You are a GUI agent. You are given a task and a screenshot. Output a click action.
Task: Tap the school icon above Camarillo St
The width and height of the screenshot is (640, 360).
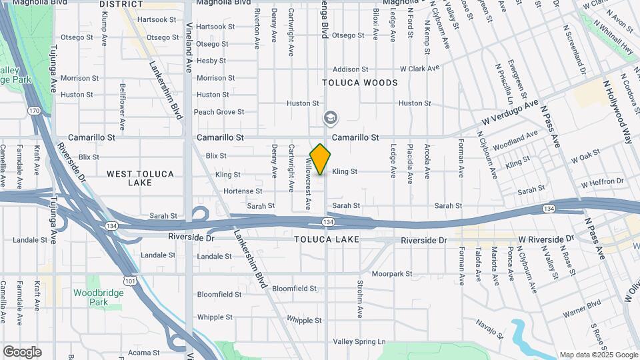329,119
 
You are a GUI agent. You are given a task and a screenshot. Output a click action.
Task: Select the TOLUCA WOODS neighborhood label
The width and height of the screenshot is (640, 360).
360,83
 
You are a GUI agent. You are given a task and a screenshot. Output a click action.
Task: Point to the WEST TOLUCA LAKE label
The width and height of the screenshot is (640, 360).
140,178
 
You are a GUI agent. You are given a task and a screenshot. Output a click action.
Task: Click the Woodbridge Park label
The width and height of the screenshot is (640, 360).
99,297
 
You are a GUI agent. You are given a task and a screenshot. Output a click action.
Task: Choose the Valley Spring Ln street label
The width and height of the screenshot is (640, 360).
359,342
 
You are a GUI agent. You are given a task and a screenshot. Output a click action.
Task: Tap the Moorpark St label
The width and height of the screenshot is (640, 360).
392,273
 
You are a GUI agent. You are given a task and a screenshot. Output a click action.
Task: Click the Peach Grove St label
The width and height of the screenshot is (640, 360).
219,112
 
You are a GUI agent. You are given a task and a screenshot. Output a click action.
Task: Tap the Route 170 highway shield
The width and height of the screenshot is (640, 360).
34,110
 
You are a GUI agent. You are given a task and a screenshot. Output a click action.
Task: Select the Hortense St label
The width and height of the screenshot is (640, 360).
229,191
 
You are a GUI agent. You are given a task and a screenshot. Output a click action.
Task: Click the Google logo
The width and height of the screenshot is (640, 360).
22,352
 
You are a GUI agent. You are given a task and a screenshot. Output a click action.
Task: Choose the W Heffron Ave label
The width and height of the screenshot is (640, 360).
604,184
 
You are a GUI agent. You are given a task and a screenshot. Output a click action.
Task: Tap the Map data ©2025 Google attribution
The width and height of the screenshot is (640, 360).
598,355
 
